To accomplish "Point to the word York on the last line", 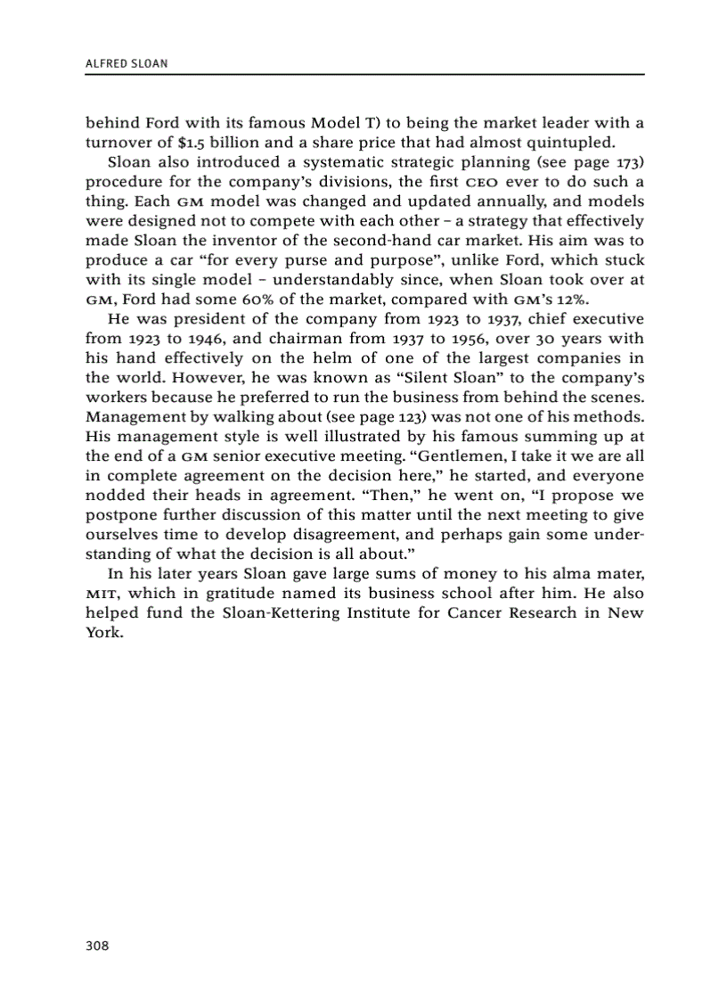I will (x=101, y=633).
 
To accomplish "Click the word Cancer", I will (x=478, y=613).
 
